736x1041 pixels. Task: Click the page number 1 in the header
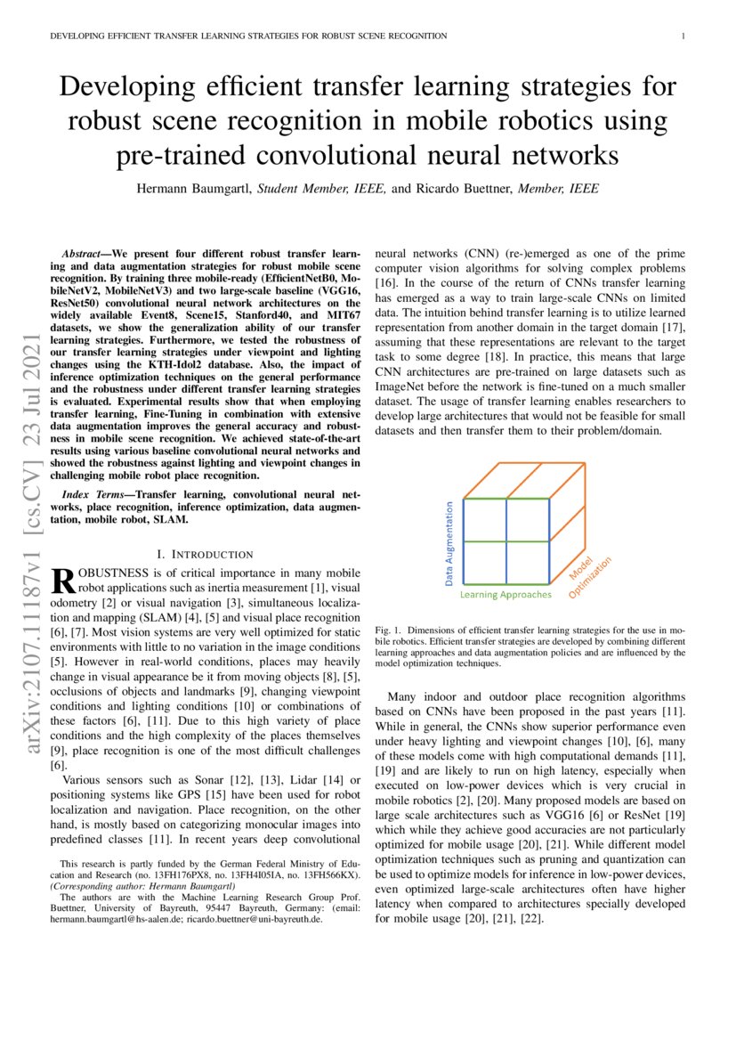[x=682, y=37]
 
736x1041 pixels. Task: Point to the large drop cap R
[x=64, y=581]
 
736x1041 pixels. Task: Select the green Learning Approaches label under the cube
[x=505, y=595]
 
